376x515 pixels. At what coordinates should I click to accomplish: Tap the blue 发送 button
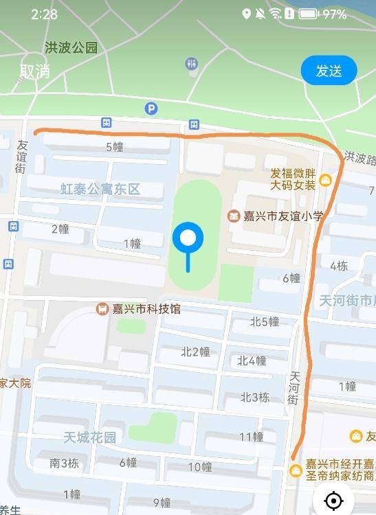[329, 71]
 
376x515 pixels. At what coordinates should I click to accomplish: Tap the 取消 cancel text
[35, 71]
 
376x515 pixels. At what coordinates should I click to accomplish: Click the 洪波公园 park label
[71, 48]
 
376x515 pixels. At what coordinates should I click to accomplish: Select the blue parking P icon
[151, 108]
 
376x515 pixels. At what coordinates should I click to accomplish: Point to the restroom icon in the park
[191, 64]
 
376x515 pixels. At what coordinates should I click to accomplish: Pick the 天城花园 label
[89, 437]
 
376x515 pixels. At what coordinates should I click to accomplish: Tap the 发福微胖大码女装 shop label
[293, 179]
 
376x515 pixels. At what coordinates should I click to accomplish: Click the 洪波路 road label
[360, 159]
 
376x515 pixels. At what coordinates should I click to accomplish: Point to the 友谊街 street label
[21, 157]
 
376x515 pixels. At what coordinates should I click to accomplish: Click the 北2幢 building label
[195, 352]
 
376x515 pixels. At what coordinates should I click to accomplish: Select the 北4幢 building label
[252, 360]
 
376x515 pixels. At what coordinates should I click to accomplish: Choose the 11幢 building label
[251, 437]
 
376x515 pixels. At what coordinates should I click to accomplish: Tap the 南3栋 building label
[64, 463]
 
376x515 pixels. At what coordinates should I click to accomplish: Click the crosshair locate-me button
[333, 501]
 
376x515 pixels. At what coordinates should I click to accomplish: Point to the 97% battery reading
[335, 14]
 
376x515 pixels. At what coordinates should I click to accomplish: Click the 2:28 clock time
[44, 14]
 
